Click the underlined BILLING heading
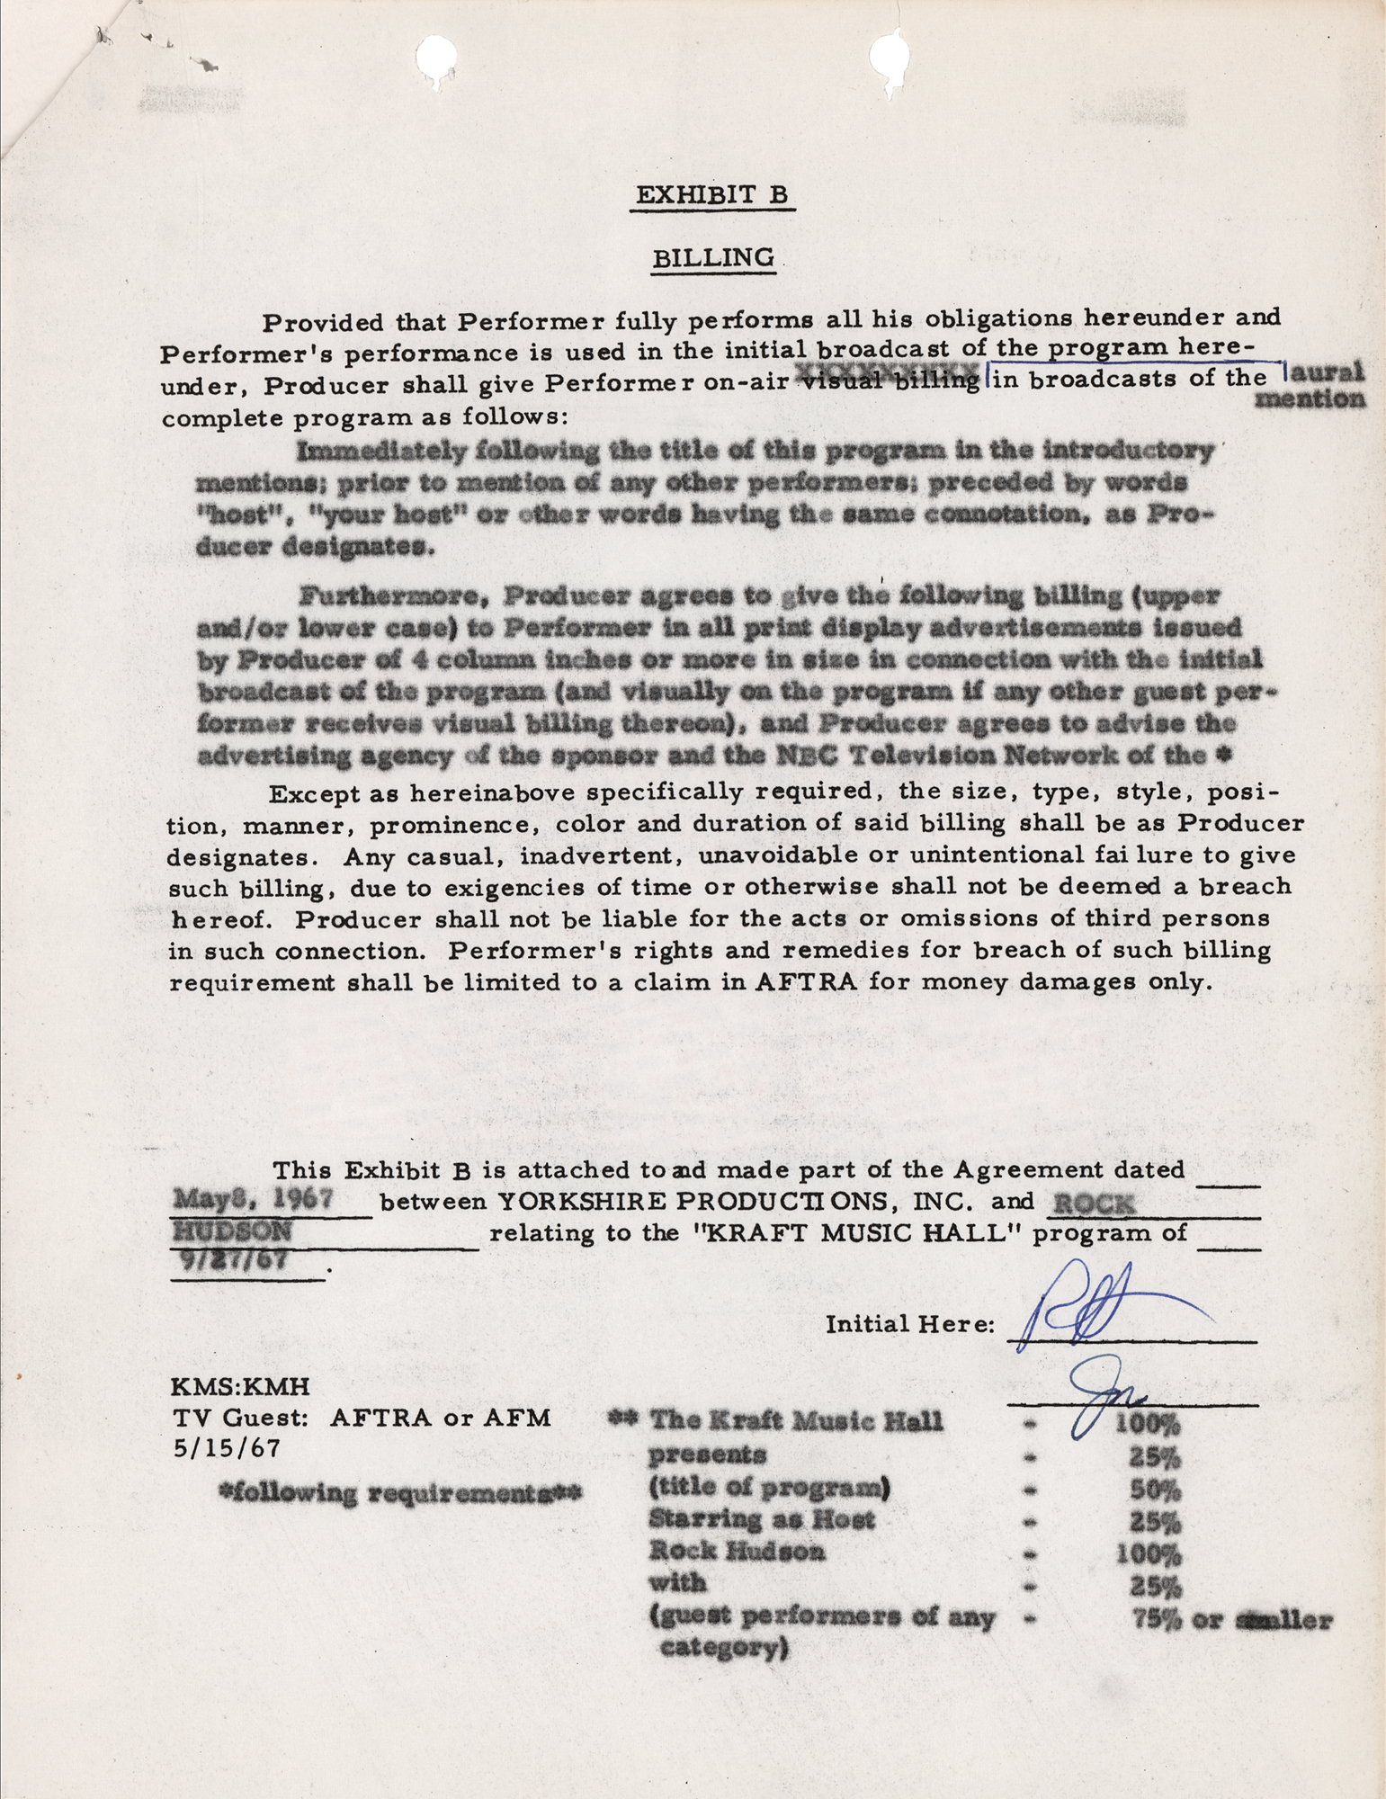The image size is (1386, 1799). pyautogui.click(x=713, y=258)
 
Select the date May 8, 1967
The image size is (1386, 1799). pyautogui.click(x=254, y=1199)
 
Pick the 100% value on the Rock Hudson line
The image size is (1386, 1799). pyautogui.click(x=1147, y=1553)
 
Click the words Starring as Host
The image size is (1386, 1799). pyautogui.click(x=762, y=1520)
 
